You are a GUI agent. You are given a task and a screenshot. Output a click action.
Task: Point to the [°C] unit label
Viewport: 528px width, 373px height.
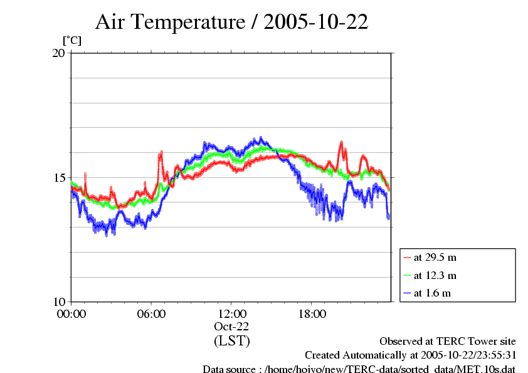coord(71,40)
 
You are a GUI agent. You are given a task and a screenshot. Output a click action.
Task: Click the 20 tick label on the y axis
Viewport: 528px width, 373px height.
coord(59,53)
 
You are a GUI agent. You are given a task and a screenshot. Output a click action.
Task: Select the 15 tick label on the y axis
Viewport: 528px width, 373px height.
coord(59,177)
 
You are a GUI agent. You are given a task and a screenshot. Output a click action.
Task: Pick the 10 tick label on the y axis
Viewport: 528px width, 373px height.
coord(59,302)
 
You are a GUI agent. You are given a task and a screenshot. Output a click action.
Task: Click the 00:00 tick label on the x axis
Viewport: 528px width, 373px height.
coord(71,313)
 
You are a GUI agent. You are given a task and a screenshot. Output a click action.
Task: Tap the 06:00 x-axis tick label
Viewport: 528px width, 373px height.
coord(151,313)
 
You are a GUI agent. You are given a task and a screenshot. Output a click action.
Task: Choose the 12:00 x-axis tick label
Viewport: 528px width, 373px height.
coord(231,313)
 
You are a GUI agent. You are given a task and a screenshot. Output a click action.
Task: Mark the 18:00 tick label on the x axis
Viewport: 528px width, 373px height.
coord(312,313)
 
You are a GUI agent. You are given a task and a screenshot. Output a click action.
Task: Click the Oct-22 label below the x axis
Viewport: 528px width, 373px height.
coord(231,327)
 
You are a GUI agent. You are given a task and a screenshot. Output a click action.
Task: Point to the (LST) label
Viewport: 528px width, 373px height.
coord(231,341)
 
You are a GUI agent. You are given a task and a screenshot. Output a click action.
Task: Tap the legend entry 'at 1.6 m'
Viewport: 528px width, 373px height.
coord(432,293)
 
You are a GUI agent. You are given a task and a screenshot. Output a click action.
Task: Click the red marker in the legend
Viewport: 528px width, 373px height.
coord(407,257)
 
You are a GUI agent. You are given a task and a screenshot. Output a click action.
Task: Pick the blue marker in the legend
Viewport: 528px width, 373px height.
coord(407,293)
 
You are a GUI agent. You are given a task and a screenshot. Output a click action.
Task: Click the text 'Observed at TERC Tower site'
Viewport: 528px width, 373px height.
coord(448,342)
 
